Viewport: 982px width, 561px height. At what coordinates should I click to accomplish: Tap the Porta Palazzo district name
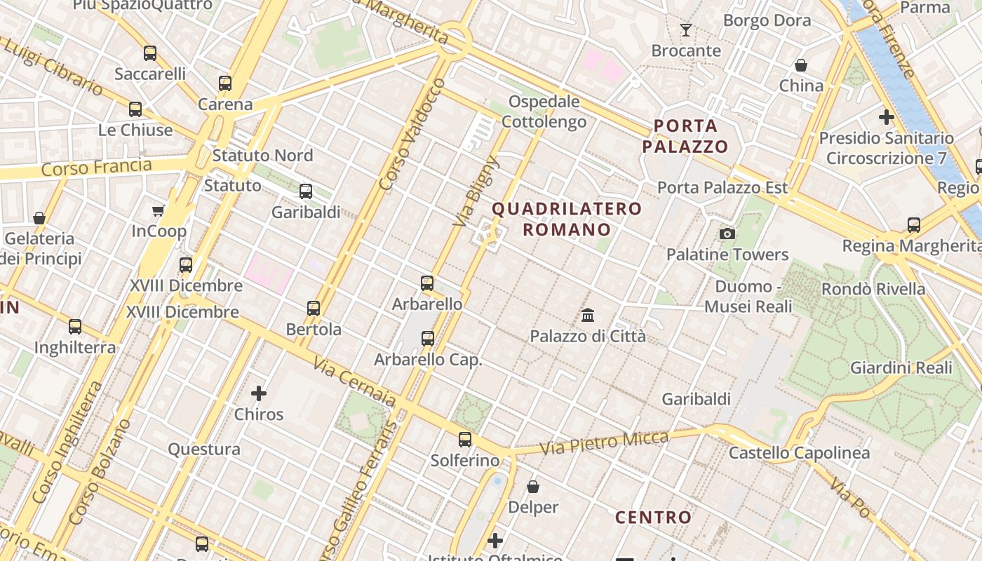685,136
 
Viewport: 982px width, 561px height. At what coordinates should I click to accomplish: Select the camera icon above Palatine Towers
727,234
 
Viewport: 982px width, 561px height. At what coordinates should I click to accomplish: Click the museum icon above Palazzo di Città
588,316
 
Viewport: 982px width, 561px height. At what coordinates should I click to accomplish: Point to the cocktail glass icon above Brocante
686,30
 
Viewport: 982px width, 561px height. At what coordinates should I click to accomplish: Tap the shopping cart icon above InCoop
159,210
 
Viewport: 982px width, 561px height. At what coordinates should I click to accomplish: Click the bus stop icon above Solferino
465,440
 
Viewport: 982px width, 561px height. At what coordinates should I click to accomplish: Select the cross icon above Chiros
259,393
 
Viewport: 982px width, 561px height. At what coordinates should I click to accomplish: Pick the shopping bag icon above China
801,65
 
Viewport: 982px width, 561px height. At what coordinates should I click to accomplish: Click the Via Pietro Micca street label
604,442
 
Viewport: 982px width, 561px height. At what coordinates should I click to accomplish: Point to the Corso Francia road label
96,168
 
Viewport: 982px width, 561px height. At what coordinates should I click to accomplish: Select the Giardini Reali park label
901,367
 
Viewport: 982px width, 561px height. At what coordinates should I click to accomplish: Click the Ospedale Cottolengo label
544,111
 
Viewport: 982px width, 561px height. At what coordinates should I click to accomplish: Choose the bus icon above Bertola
314,308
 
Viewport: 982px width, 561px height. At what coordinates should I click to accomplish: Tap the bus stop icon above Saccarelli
150,53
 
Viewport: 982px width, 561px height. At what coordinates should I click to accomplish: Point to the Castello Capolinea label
799,453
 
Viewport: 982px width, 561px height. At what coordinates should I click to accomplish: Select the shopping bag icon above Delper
533,486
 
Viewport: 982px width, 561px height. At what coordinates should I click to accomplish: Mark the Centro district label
653,518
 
